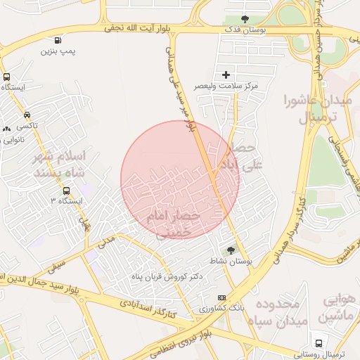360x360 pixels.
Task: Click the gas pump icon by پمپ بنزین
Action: pyautogui.click(x=57, y=39)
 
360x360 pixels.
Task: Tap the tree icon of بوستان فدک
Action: pyautogui.click(x=245, y=19)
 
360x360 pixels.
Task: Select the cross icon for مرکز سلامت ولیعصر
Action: pyautogui.click(x=226, y=74)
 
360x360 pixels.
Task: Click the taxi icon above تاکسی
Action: pyautogui.click(x=27, y=114)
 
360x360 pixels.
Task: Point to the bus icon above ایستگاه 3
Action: pyautogui.click(x=66, y=190)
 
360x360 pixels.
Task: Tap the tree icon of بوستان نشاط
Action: pyautogui.click(x=231, y=250)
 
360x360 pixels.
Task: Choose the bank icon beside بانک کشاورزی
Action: pyautogui.click(x=222, y=297)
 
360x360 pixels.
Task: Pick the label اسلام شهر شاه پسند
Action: pyautogui.click(x=62, y=164)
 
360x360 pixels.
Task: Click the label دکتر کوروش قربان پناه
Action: pyautogui.click(x=167, y=276)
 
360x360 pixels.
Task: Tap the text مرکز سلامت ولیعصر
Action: pyautogui.click(x=226, y=85)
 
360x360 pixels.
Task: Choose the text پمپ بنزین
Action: pyautogui.click(x=57, y=51)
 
